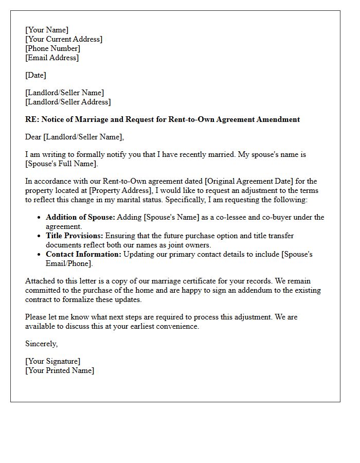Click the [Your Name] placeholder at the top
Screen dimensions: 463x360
[x=47, y=30]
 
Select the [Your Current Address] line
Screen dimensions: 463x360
[x=64, y=39]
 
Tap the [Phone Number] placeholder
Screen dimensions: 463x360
[x=52, y=48]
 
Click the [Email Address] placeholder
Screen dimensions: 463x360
[x=52, y=58]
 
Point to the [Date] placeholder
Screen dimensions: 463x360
[x=35, y=75]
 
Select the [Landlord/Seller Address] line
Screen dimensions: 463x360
[x=68, y=102]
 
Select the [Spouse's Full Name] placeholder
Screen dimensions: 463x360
[x=61, y=164]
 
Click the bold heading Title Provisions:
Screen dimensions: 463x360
[x=75, y=236]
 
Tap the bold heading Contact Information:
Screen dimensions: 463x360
[x=83, y=254]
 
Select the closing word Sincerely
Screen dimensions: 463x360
[x=41, y=344]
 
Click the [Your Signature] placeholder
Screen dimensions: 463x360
[x=52, y=361]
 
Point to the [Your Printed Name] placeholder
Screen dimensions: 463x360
[x=60, y=370]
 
